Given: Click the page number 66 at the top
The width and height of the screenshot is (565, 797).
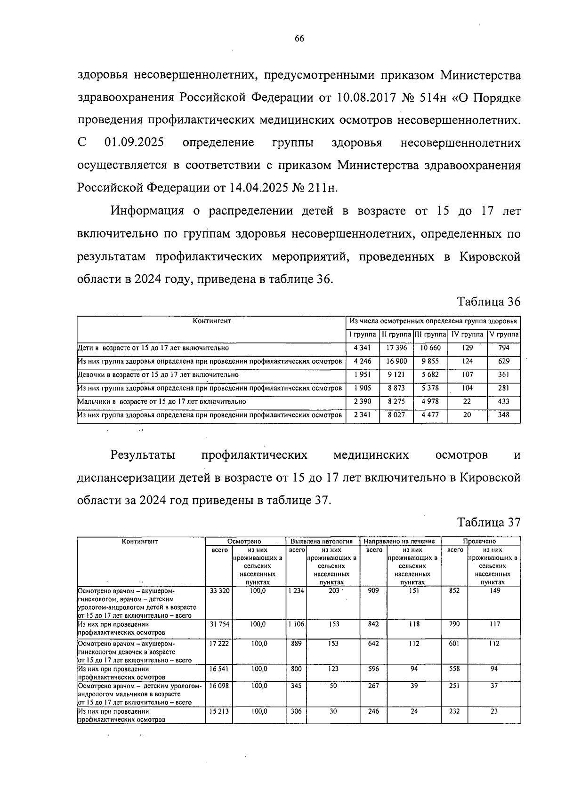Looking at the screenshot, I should pyautogui.click(x=299, y=39).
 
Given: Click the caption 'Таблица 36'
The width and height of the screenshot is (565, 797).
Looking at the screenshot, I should pyautogui.click(x=489, y=302).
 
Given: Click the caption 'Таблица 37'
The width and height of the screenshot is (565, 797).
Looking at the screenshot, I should pyautogui.click(x=489, y=522).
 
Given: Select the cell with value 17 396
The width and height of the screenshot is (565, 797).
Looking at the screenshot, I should pyautogui.click(x=396, y=348).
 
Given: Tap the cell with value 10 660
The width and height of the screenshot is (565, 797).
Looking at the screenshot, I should pyautogui.click(x=430, y=348).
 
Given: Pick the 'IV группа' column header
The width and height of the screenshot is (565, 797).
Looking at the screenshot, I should pyautogui.click(x=467, y=335).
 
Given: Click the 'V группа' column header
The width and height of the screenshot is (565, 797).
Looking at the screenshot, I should pyautogui.click(x=504, y=335).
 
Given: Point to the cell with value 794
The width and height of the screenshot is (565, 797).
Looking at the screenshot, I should pyautogui.click(x=504, y=348).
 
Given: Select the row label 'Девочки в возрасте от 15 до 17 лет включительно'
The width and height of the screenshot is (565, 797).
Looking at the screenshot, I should pyautogui.click(x=158, y=375).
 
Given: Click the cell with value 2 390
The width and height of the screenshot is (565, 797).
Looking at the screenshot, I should pyautogui.click(x=363, y=402).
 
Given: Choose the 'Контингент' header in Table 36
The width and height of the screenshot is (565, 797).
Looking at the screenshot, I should pyautogui.click(x=212, y=321).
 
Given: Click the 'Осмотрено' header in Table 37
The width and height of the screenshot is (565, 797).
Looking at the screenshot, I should pyautogui.click(x=244, y=542).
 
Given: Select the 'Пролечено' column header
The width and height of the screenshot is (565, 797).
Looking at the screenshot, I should pyautogui.click(x=480, y=542).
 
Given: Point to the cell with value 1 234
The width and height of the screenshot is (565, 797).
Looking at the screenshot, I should pyautogui.click(x=296, y=590).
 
